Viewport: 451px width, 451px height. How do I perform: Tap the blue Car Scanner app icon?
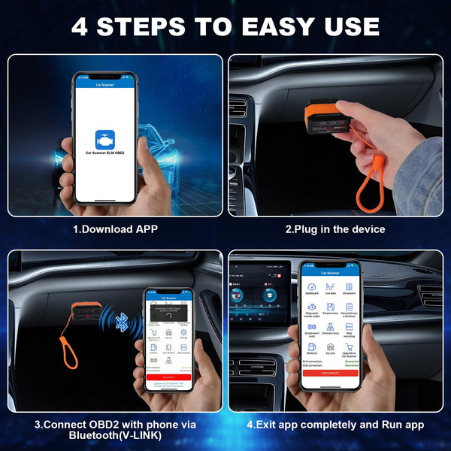click(104, 141)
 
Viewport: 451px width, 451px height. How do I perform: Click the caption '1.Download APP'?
click(115, 229)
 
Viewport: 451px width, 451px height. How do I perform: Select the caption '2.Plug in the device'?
click(334, 229)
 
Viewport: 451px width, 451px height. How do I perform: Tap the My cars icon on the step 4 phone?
click(329, 350)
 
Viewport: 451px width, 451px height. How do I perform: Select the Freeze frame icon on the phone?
click(329, 310)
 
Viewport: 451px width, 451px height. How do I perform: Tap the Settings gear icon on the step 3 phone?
click(183, 333)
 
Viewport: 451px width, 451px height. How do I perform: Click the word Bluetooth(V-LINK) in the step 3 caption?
click(114, 435)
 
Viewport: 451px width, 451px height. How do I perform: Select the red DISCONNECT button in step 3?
click(168, 377)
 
